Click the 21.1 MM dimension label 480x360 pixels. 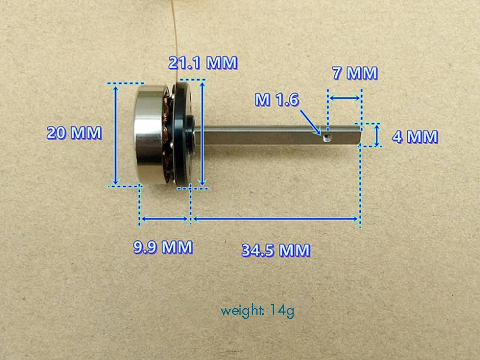click(x=203, y=63)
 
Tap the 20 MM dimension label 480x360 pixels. click(x=74, y=133)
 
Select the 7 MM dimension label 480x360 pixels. click(x=355, y=73)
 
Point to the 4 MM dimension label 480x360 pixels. click(x=415, y=137)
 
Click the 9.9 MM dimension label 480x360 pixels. click(x=163, y=247)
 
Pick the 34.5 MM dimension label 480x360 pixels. click(x=276, y=250)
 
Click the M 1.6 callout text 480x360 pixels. click(x=277, y=99)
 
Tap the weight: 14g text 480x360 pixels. click(x=257, y=311)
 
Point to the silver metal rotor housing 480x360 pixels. click(x=150, y=135)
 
